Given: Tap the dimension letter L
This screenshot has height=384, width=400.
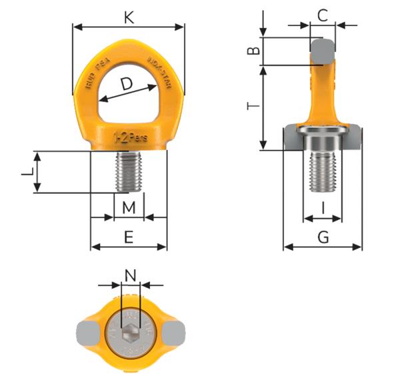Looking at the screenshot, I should [27, 172].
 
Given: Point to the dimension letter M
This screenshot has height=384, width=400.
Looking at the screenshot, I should [129, 208].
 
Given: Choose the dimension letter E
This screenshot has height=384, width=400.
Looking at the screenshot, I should [129, 237].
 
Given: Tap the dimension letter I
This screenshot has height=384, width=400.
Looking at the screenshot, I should [323, 208].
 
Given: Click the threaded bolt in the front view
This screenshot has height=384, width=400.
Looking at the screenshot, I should [129, 171].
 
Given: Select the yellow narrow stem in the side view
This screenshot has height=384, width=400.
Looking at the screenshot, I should [323, 93].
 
